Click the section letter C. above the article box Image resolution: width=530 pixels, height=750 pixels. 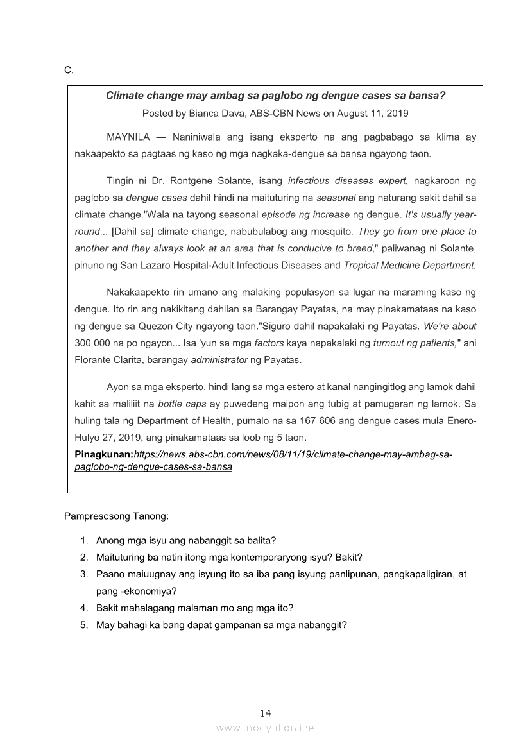point(69,70)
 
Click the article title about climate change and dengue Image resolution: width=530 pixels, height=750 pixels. point(275,96)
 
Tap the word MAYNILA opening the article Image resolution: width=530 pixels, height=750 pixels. point(128,137)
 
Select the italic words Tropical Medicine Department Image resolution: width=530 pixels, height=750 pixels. point(410,264)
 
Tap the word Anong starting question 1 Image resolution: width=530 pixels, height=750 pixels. point(110,540)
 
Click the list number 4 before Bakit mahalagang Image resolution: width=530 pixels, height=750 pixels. point(84,608)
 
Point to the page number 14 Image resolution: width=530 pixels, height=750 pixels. point(266,713)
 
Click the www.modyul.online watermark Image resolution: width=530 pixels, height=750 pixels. point(265,728)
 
